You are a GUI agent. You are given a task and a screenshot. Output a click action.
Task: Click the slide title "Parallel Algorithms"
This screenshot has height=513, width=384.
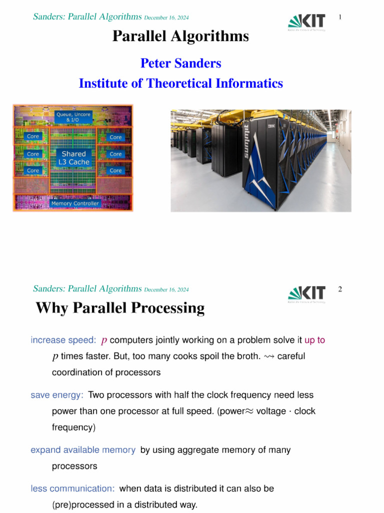tap(180, 36)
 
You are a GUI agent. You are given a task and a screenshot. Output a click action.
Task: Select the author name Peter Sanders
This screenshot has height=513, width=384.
tap(180, 64)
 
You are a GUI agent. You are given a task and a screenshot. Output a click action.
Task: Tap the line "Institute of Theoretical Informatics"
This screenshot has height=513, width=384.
tap(180, 83)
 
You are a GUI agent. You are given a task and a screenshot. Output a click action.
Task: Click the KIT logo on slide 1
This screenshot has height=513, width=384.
tap(306, 22)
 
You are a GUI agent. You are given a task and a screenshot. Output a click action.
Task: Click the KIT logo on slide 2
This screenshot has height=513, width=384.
tap(306, 294)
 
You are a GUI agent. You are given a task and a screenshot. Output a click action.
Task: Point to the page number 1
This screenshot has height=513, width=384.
tap(340, 18)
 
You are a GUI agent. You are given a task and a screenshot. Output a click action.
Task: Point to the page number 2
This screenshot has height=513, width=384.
tap(340, 290)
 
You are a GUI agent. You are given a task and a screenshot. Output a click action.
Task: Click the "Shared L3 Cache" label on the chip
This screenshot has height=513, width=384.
tap(73, 158)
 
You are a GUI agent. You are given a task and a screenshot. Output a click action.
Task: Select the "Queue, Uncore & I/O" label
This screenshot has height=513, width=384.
tap(73, 117)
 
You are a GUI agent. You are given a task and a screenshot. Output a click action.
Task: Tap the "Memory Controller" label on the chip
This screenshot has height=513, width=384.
tap(75, 203)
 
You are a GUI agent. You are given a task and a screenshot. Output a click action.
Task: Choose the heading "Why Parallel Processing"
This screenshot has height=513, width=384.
tap(120, 308)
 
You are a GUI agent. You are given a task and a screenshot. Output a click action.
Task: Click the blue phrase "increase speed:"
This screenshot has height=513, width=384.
tap(63, 340)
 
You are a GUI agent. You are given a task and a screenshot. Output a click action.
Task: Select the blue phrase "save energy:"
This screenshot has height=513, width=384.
tap(57, 395)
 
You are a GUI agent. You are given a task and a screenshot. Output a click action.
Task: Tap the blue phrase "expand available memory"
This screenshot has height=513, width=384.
tap(83, 450)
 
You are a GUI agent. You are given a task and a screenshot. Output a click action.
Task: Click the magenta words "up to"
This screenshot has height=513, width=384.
tap(314, 340)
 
